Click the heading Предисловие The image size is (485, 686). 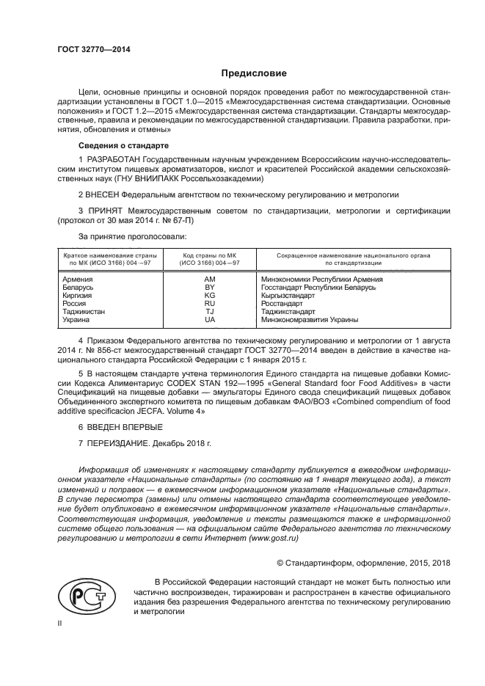click(x=255, y=73)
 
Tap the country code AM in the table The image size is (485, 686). click(x=210, y=280)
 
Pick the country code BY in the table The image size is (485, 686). click(x=210, y=288)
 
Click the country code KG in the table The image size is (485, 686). click(x=210, y=296)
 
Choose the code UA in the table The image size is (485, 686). click(x=210, y=320)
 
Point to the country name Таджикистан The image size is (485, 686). click(x=84, y=312)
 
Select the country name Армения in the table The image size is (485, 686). click(x=78, y=280)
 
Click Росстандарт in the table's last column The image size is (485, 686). click(x=282, y=304)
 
